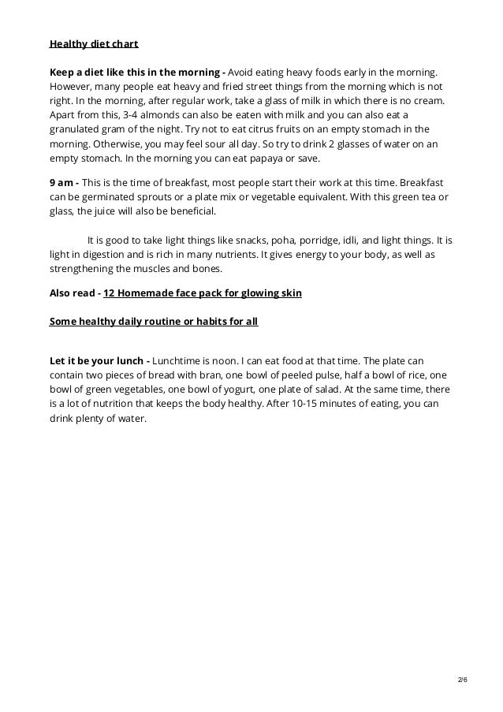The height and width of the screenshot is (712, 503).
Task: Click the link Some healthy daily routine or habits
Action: (x=154, y=322)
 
